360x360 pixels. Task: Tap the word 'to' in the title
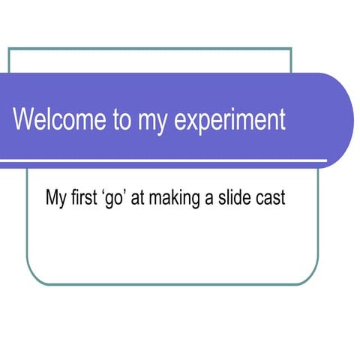pos(122,121)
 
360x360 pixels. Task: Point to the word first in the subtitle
pos(85,199)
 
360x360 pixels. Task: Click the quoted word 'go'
pos(115,199)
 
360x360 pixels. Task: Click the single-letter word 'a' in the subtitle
pos(208,200)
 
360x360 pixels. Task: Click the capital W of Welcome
pos(25,120)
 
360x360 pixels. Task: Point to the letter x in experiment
pos(187,122)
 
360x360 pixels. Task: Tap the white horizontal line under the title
pos(165,160)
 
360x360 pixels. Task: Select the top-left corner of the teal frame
pos(9,49)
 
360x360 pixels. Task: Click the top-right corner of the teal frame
pos(290,49)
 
